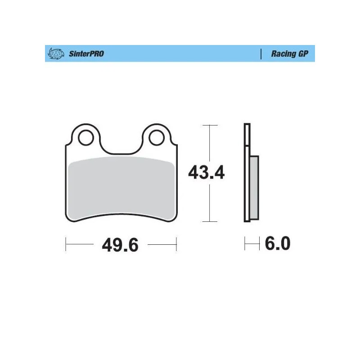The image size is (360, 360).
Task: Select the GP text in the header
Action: (304, 54)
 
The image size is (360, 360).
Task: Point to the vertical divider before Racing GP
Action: (261, 54)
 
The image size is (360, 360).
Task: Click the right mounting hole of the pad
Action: (157, 138)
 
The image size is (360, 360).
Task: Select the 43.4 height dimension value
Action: (206, 172)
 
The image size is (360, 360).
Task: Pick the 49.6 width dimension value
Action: (120, 245)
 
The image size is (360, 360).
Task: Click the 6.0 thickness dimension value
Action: (278, 244)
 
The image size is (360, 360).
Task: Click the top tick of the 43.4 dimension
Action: (210, 125)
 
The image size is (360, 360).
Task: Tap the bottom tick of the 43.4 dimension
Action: (210, 221)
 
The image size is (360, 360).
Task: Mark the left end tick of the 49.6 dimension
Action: (66, 245)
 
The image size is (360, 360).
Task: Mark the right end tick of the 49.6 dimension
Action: (177, 245)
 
